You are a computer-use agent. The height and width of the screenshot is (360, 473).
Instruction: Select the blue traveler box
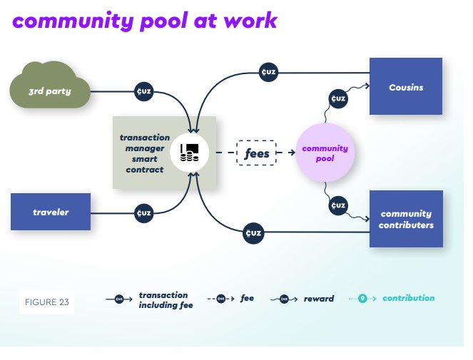pyautogui.click(x=51, y=212)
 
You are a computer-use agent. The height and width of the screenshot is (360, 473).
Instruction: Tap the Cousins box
pyautogui.click(x=405, y=87)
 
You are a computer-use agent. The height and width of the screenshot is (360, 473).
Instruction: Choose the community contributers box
pyautogui.click(x=405, y=219)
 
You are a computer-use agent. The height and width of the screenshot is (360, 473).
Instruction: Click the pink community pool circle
pyautogui.click(x=325, y=153)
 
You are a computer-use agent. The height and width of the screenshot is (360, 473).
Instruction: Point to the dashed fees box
pyautogui.click(x=256, y=153)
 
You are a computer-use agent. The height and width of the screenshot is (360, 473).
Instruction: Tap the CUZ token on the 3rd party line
pyautogui.click(x=143, y=91)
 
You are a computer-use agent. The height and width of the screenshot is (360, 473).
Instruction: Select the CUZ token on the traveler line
pyautogui.click(x=143, y=212)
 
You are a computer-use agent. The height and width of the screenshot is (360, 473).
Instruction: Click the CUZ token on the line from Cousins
pyautogui.click(x=268, y=71)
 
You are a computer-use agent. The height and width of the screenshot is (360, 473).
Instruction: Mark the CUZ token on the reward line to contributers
pyautogui.click(x=338, y=206)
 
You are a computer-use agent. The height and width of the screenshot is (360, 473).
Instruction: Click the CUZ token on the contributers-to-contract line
pyautogui.click(x=253, y=232)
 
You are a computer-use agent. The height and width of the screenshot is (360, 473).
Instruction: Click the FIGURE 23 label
pyautogui.click(x=46, y=302)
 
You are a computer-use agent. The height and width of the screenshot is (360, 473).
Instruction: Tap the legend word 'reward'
pyautogui.click(x=318, y=299)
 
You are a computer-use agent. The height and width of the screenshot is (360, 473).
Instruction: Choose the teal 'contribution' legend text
pyautogui.click(x=408, y=298)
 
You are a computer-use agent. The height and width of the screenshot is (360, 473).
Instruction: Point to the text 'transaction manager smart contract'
pyautogui.click(x=145, y=153)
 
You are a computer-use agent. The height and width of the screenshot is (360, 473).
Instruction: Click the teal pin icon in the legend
pyautogui.click(x=362, y=299)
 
